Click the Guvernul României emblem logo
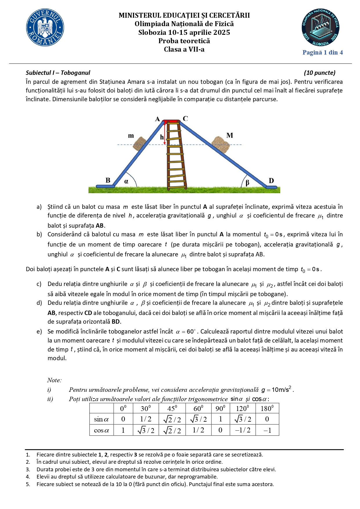click(45, 27)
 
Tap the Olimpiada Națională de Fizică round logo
click(321, 27)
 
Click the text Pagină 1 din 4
click(323, 52)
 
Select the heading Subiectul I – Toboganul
click(58, 73)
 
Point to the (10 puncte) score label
click(320, 73)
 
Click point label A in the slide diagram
click(158, 119)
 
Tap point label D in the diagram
click(271, 181)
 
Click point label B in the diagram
click(108, 180)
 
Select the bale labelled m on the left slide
click(140, 143)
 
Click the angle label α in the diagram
click(126, 182)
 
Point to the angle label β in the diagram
click(247, 183)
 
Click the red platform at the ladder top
click(171, 122)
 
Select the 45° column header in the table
click(172, 408)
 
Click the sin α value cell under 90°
click(220, 419)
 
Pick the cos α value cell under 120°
click(243, 430)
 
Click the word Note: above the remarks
click(54, 380)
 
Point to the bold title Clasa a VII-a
click(184, 49)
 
